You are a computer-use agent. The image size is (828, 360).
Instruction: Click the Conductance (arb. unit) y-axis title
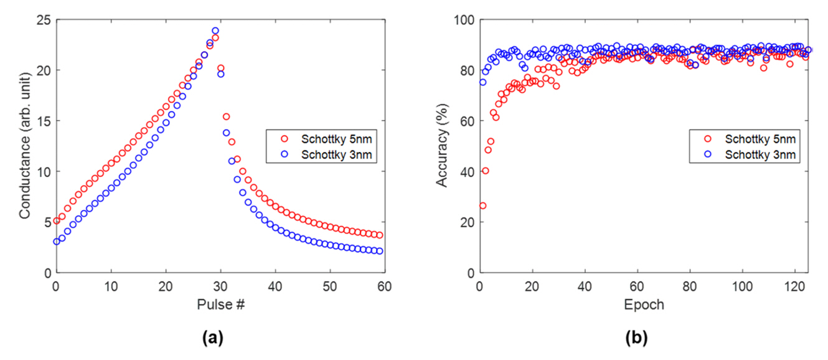tap(25, 146)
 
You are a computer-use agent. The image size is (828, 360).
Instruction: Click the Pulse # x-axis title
tap(220, 305)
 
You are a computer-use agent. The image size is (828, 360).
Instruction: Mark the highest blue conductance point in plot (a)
tap(215, 31)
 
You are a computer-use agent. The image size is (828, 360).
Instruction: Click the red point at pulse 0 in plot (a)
tap(57, 220)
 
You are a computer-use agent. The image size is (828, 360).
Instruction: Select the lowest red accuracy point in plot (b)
tap(482, 206)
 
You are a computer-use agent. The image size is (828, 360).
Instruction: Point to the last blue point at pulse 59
tap(380, 251)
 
